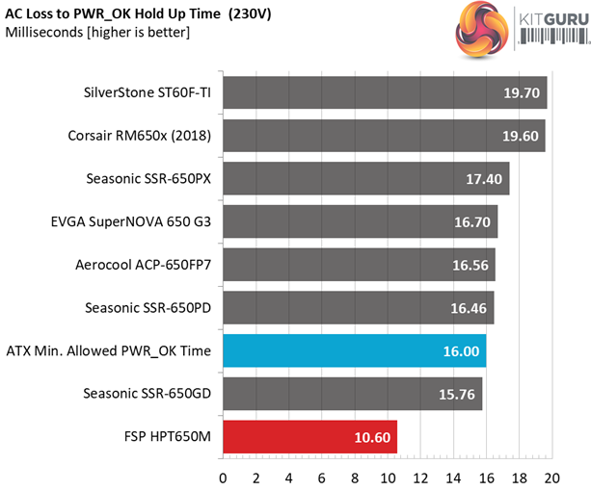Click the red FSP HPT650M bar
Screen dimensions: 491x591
click(x=309, y=436)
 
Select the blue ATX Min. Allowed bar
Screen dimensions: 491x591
click(x=354, y=351)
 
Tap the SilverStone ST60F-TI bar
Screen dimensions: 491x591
click(x=385, y=93)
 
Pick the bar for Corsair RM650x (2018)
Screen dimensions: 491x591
click(x=384, y=136)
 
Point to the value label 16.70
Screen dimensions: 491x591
click(x=473, y=222)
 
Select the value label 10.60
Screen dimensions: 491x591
click(x=371, y=437)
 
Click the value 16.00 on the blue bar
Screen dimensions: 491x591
click(x=460, y=351)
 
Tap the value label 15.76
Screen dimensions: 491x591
click(x=458, y=394)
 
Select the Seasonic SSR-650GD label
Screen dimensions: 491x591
click(x=148, y=394)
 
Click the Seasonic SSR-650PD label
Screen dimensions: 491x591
click(x=148, y=308)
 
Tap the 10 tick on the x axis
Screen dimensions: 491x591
click(x=388, y=478)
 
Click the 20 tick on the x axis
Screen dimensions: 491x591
click(x=551, y=478)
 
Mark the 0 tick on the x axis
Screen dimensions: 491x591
click(x=224, y=478)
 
